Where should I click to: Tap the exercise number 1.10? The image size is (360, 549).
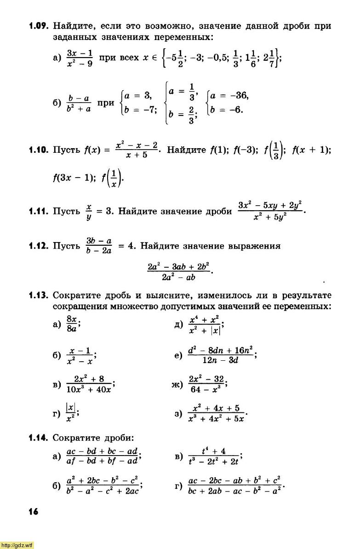pyautogui.click(x=39, y=150)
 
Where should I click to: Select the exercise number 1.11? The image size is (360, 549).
pyautogui.click(x=39, y=212)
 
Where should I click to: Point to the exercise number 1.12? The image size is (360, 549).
pyautogui.click(x=39, y=246)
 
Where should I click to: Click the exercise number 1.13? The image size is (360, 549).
pyautogui.click(x=39, y=295)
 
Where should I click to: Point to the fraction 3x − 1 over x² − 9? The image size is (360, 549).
pyautogui.click(x=80, y=59)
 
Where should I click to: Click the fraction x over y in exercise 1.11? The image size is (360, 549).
pyautogui.click(x=89, y=212)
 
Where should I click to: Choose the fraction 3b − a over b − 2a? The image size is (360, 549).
pyautogui.click(x=99, y=246)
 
